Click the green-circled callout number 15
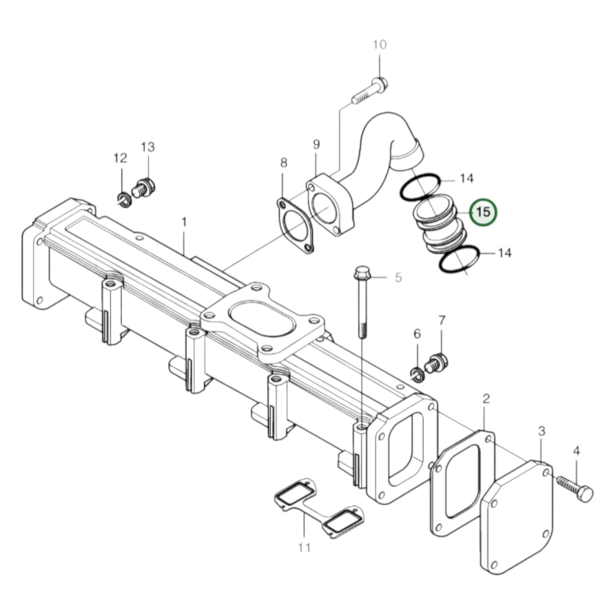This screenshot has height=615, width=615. pos(483,212)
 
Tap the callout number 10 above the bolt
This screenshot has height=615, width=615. pos(380,45)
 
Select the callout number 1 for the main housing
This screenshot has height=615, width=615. pos(184,223)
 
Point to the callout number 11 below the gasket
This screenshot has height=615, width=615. pos(304,548)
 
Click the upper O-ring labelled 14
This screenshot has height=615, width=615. pos(420,187)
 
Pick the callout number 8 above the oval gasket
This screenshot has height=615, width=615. pos(284,163)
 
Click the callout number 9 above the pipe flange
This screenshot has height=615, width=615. pos(316,144)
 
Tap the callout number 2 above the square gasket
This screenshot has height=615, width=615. pos(486,399)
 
